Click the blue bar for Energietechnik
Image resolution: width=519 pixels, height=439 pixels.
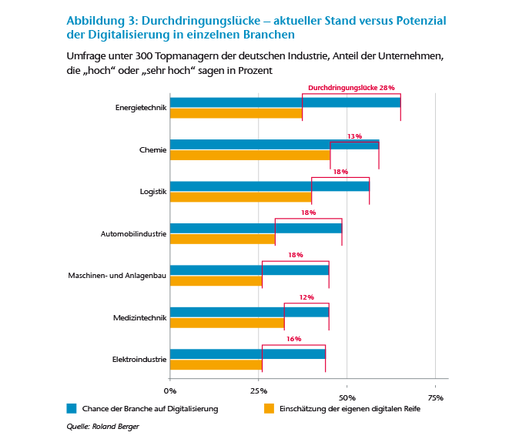coord(285,102)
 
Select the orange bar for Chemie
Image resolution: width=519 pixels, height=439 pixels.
coord(249,155)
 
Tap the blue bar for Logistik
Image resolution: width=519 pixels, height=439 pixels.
coord(270,186)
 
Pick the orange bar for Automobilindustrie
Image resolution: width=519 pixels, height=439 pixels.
coord(223,239)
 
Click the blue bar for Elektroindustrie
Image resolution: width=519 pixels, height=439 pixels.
coord(247,354)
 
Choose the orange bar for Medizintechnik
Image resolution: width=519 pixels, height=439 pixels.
coord(227,323)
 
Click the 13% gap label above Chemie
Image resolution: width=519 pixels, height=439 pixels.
coord(354,136)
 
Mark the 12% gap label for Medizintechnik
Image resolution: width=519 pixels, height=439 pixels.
coord(306,297)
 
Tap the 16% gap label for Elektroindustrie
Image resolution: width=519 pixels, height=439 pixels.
coord(293,339)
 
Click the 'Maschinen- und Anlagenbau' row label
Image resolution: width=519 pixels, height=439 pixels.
coord(124,275)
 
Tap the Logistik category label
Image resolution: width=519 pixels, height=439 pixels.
coord(152,191)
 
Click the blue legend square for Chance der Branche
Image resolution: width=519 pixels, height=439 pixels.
coord(72,408)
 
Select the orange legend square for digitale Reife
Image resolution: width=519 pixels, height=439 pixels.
coord(269,408)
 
